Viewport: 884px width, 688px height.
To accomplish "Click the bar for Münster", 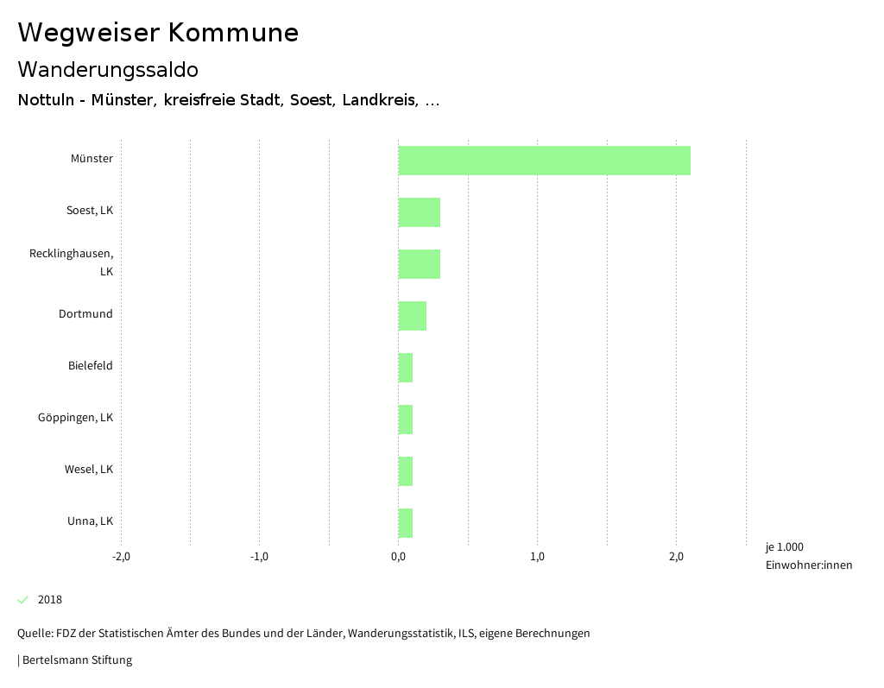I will point(544,161).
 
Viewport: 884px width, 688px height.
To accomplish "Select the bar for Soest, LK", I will point(419,212).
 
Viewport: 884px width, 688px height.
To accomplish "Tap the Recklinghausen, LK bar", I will point(419,264).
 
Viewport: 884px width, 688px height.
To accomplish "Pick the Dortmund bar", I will point(412,316).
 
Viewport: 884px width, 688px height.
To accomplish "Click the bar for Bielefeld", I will point(405,368).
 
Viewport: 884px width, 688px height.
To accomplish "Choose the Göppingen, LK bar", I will point(405,420).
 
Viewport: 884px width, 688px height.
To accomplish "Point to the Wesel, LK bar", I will point(405,471).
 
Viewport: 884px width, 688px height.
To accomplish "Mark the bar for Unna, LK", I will point(405,523).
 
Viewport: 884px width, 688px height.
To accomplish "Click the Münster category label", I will point(92,159).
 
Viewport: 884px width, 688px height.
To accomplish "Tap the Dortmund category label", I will point(85,314).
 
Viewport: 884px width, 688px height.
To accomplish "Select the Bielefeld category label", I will point(90,366).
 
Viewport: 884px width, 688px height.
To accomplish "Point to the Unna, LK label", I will point(90,521).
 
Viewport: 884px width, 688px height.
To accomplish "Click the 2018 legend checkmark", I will point(23,600).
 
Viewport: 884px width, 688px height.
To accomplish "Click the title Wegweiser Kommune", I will point(158,33).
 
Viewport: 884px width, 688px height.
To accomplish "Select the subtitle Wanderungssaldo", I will point(108,69).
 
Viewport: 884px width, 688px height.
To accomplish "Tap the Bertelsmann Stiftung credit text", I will point(76,660).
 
